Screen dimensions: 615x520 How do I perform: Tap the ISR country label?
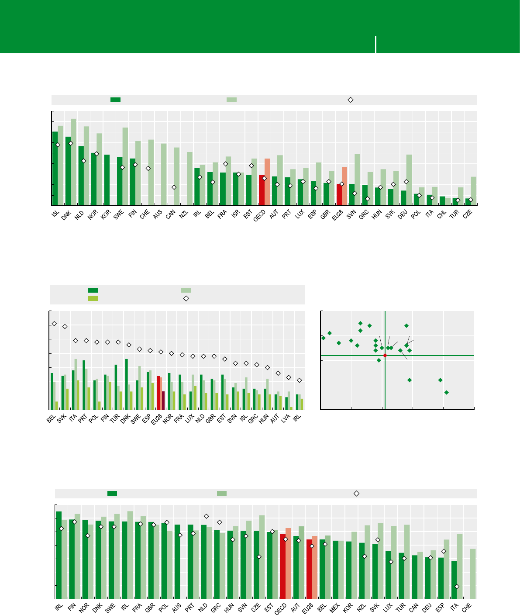[235, 214]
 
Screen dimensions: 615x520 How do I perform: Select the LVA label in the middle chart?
[287, 419]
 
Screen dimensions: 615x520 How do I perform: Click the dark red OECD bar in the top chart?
[262, 190]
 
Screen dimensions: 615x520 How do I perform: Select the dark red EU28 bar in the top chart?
[339, 194]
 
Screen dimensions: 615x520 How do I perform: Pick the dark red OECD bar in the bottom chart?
[282, 566]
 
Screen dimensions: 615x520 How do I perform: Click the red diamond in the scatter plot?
[385, 356]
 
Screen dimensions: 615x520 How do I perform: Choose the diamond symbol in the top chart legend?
[350, 100]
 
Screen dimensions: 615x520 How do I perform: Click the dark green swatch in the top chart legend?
[115, 100]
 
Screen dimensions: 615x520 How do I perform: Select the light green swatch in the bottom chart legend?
[222, 494]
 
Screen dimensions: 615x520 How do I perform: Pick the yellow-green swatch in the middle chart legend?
[93, 298]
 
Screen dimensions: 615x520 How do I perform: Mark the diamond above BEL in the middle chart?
[54, 324]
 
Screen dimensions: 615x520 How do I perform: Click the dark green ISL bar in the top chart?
[55, 168]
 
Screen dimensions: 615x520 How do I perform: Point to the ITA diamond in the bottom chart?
[457, 587]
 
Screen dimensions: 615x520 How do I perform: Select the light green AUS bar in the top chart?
[164, 174]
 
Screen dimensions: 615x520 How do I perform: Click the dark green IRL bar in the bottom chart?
[59, 555]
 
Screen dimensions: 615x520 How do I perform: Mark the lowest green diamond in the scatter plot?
[446, 393]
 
